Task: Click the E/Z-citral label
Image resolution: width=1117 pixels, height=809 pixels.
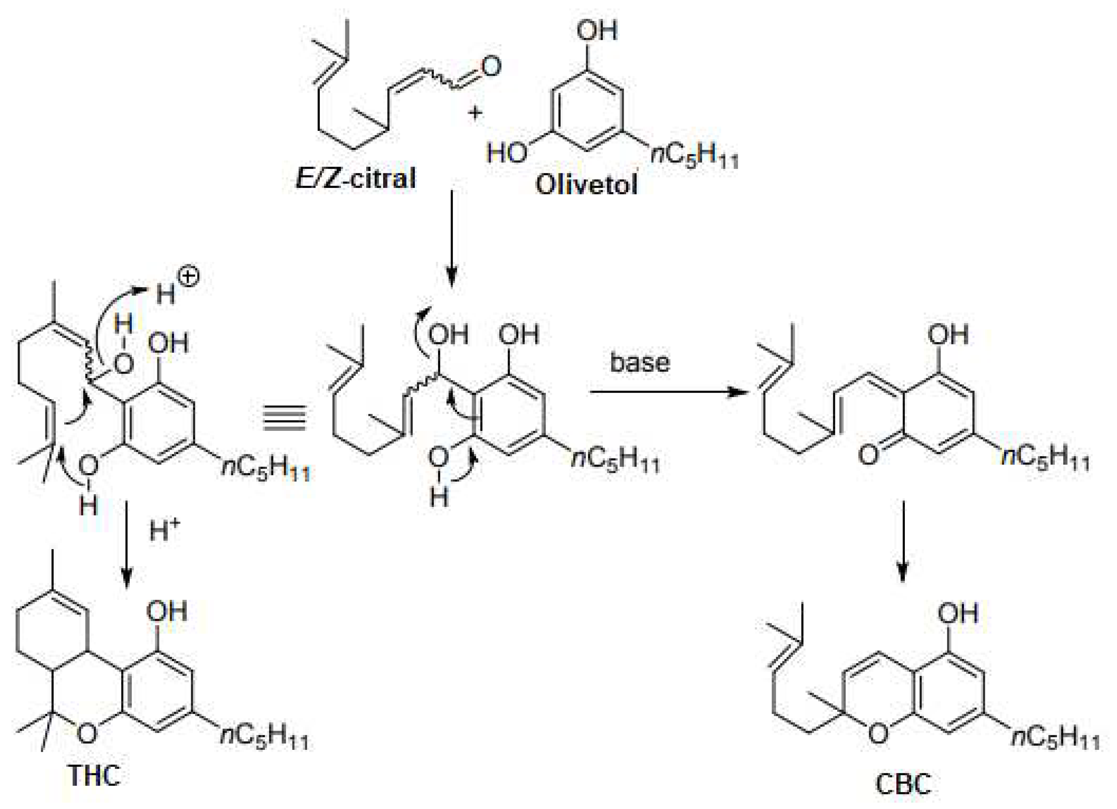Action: pyautogui.click(x=355, y=178)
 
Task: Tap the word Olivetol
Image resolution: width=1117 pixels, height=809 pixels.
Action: pyautogui.click(x=586, y=185)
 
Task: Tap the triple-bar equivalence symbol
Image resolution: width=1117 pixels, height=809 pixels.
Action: pyautogui.click(x=285, y=418)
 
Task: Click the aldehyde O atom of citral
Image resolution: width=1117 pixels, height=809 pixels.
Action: pyautogui.click(x=491, y=67)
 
